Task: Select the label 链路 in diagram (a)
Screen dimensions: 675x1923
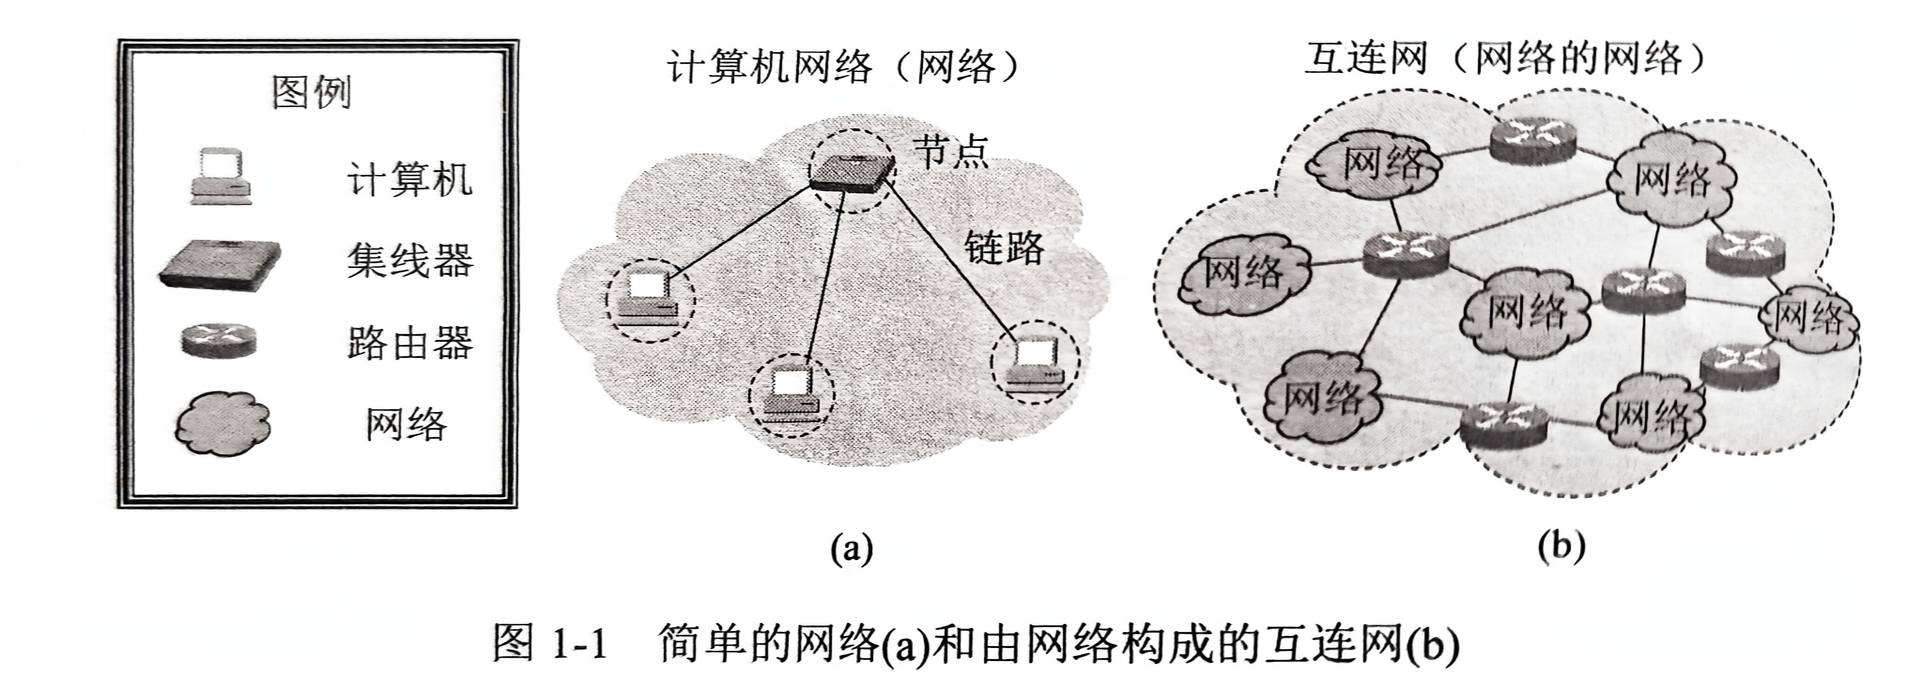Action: tap(1003, 246)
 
